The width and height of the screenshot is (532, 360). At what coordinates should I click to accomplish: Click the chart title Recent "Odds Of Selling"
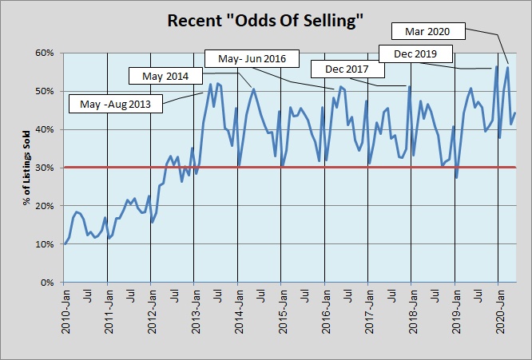point(266,20)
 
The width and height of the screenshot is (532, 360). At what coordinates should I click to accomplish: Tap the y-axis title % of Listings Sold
point(26,168)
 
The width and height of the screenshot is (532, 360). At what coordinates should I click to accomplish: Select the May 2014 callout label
point(165,76)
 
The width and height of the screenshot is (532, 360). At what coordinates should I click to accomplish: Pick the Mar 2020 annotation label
point(429,32)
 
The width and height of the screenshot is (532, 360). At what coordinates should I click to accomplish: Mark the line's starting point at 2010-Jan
point(65,243)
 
